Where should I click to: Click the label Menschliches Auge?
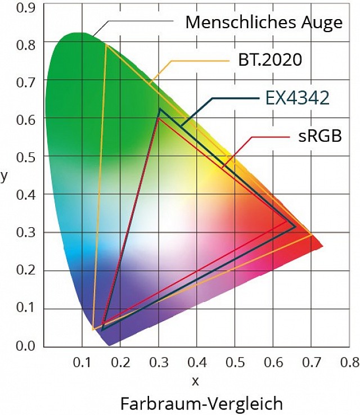(263, 22)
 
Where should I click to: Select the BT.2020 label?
(270, 60)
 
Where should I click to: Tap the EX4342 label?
(297, 98)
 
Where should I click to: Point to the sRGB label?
(320, 137)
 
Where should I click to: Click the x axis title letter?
(196, 381)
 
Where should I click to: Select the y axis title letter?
(4, 175)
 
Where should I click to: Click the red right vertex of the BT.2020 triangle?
(312, 235)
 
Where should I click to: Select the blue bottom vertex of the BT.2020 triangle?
(93, 330)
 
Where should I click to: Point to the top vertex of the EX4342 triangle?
(160, 109)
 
